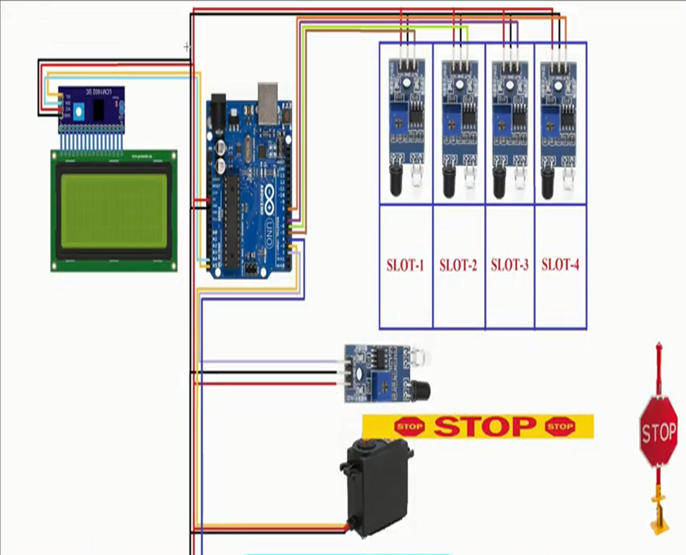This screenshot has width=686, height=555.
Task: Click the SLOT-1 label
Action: point(405,266)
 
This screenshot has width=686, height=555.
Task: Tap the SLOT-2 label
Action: point(458,266)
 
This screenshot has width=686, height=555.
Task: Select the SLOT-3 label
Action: point(509,265)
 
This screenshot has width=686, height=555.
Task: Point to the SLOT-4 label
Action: point(561,265)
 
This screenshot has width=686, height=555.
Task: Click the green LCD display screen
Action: point(114,210)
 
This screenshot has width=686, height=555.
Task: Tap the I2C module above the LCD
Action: point(91,109)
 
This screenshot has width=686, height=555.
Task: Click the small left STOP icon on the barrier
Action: point(409,426)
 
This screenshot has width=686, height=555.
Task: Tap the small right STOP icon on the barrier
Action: point(560,426)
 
